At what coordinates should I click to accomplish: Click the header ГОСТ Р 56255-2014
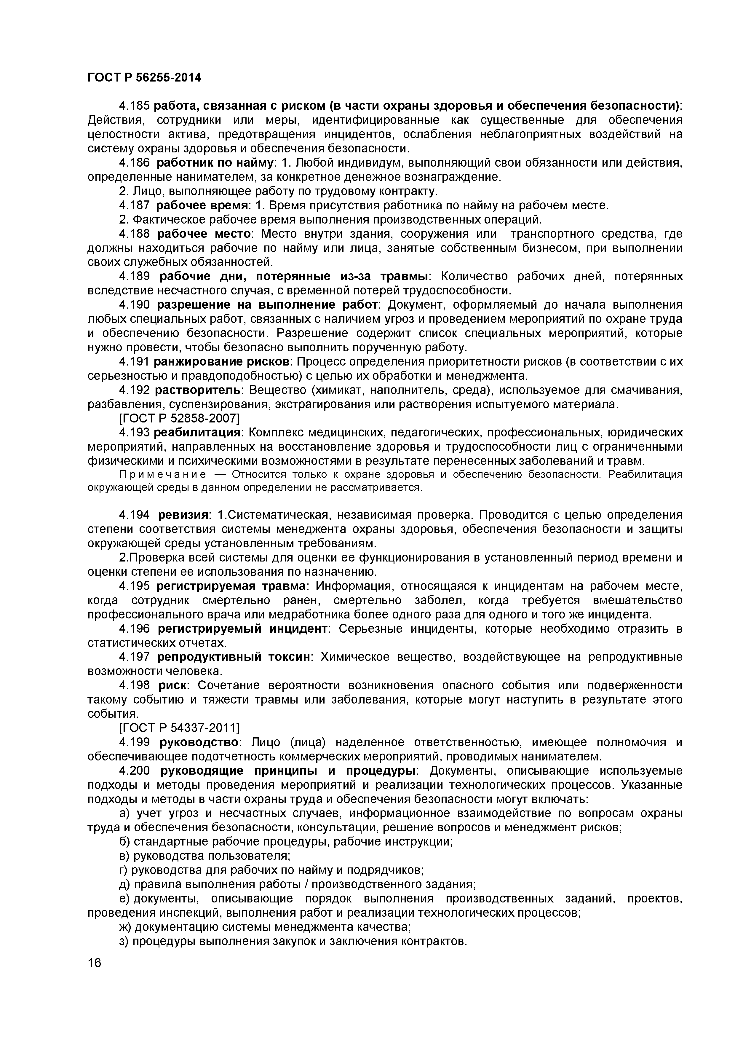click(x=144, y=78)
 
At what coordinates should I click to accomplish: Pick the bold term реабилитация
click(x=197, y=433)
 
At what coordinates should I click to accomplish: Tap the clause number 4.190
click(x=135, y=305)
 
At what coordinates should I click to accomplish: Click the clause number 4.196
click(x=135, y=629)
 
